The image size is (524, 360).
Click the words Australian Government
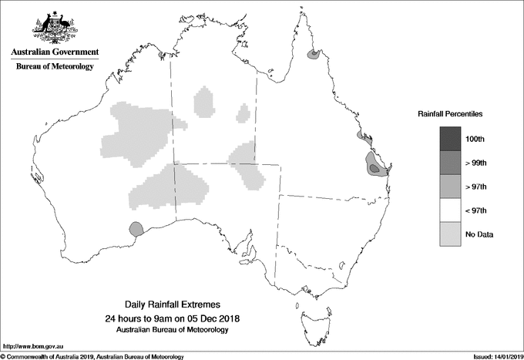point(55,52)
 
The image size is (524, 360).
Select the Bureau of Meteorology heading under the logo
point(55,67)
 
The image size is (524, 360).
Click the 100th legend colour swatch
point(451,138)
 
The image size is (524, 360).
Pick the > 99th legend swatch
point(451,163)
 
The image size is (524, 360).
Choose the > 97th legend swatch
point(451,187)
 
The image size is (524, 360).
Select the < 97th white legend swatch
point(451,210)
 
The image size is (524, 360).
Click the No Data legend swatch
point(451,234)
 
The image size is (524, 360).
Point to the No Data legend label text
point(479,234)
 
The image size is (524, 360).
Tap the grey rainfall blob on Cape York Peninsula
point(314,55)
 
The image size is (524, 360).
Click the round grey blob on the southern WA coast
point(136,228)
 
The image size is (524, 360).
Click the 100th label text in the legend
point(475,139)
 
